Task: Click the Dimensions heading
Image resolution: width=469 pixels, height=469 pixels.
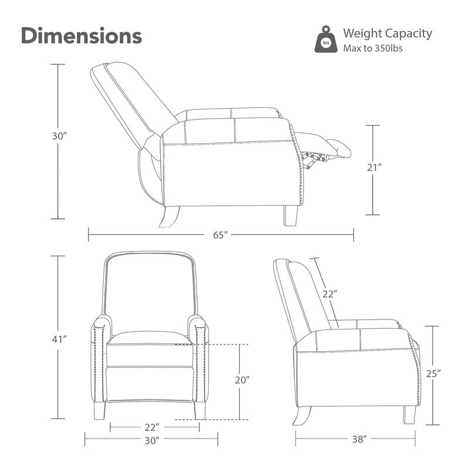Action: [81, 36]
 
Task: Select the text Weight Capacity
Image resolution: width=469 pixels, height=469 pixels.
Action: [388, 33]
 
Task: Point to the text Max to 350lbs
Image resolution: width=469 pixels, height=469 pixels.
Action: [373, 48]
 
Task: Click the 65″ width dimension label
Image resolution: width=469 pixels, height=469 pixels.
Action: [220, 235]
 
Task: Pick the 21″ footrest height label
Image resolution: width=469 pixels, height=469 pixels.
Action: [375, 168]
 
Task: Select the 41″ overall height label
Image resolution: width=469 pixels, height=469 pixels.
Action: [59, 339]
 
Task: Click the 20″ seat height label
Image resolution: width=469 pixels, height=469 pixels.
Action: [242, 380]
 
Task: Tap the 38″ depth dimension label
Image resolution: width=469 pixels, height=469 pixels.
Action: [359, 439]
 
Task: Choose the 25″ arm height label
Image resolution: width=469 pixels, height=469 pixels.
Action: [433, 373]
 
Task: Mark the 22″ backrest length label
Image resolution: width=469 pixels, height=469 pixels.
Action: [330, 294]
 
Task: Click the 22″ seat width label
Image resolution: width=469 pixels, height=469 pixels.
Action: [152, 427]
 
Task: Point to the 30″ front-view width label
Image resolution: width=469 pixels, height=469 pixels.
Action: [152, 441]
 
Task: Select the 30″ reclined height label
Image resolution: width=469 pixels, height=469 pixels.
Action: [59, 136]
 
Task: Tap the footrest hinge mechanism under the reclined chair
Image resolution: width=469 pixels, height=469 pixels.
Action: [314, 159]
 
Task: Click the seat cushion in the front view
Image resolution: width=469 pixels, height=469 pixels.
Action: [149, 338]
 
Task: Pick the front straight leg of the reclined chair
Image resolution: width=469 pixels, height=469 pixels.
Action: [291, 216]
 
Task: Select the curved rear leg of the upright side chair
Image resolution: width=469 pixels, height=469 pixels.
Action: [301, 416]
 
